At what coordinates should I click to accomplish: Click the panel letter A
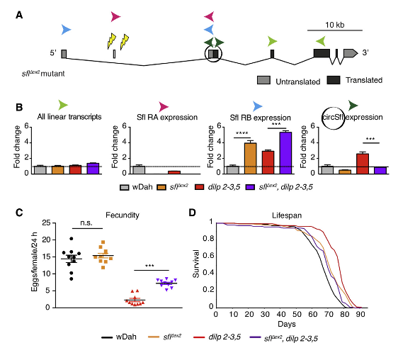(19, 16)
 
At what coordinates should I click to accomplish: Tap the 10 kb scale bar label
(335, 25)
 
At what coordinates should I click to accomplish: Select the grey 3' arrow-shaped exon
(351, 53)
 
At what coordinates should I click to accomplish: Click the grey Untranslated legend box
(263, 80)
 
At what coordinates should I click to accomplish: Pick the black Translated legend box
(334, 80)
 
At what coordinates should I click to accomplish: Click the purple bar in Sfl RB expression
(285, 152)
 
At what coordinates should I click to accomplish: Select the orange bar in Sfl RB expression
(250, 158)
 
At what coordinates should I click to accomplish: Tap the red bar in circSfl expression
(363, 164)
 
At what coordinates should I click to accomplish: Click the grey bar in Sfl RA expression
(139, 170)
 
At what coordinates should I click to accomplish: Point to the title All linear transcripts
(69, 117)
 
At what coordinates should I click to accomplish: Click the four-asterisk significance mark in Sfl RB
(242, 133)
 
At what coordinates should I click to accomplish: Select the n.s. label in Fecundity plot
(86, 223)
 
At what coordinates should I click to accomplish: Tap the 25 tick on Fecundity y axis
(46, 223)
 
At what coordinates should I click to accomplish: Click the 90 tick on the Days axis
(360, 315)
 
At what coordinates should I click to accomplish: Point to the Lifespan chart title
(287, 215)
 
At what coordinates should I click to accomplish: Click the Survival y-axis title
(196, 264)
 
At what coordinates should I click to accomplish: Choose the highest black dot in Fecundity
(72, 239)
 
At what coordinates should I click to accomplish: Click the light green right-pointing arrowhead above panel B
(63, 105)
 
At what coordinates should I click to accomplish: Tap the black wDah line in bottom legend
(107, 337)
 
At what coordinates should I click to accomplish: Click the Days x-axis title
(287, 324)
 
